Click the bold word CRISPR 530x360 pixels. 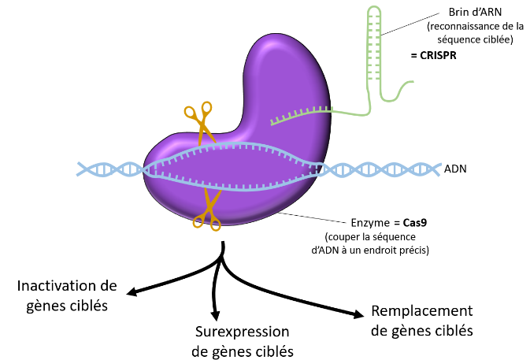[x=438, y=55]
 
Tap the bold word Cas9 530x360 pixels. [x=415, y=223]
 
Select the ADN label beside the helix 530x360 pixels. [x=455, y=169]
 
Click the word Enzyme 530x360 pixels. [x=370, y=223]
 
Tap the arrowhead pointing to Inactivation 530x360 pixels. [x=132, y=291]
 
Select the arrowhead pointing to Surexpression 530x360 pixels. [x=215, y=315]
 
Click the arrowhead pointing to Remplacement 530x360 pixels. [x=358, y=314]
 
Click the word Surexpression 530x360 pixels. [x=242, y=332]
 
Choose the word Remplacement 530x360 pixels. [x=422, y=310]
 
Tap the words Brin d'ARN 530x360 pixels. [x=475, y=12]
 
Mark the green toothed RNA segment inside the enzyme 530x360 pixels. [x=301, y=115]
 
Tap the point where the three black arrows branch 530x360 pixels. [x=222, y=259]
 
